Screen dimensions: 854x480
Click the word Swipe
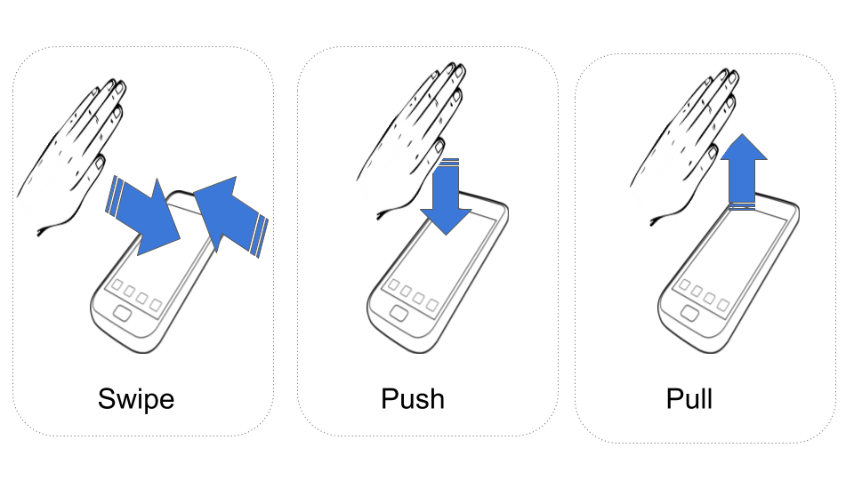tap(136, 399)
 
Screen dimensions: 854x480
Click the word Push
tap(413, 399)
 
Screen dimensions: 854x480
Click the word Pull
tap(689, 399)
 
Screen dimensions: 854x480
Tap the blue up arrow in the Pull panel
tap(744, 172)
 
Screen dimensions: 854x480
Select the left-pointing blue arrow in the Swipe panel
tap(230, 215)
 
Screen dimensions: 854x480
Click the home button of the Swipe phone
tap(122, 314)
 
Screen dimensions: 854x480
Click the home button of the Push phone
tap(399, 314)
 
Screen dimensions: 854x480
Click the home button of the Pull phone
tap(690, 314)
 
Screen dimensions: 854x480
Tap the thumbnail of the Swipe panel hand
tap(100, 162)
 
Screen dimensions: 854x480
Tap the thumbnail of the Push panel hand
tap(439, 146)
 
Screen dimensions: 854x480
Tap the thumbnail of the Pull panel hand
tap(713, 152)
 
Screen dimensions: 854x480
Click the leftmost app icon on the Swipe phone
tap(117, 285)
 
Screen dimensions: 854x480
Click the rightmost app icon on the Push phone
tap(432, 304)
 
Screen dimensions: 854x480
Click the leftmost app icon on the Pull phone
tap(685, 285)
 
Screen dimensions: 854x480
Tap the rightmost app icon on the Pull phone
tap(724, 304)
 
